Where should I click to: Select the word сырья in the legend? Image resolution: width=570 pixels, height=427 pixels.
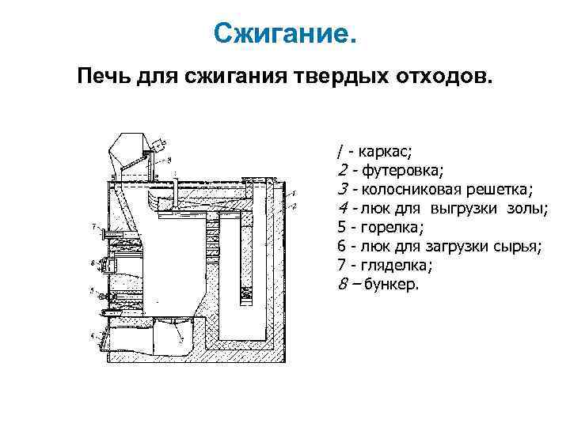[522, 246]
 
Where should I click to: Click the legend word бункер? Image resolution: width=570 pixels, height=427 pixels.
[392, 284]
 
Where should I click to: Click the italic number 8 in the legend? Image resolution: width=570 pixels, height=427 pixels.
[341, 284]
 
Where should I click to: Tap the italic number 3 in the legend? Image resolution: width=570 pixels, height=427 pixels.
[341, 189]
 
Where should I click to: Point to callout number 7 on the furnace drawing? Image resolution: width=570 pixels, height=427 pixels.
[93, 228]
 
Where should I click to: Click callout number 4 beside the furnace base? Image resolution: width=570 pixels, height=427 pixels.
[93, 336]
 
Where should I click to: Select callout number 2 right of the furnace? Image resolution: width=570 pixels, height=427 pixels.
[294, 206]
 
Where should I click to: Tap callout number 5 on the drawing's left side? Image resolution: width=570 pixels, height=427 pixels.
[93, 291]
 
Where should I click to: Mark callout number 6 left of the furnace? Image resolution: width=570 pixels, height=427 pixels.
[93, 261]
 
